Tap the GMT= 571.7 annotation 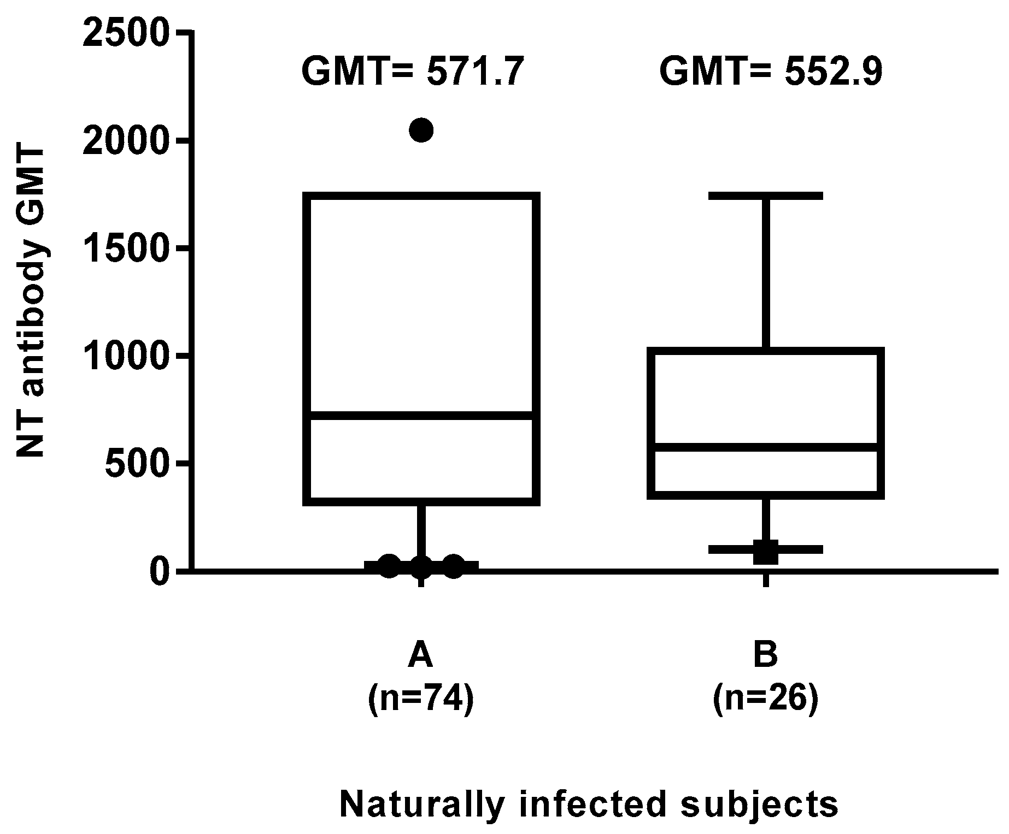tap(409, 73)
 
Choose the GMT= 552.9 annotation tap(771, 73)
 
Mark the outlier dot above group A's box tap(421, 130)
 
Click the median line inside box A tap(421, 416)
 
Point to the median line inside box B tap(766, 447)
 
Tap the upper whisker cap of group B tap(766, 196)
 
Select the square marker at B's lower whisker tap(766, 552)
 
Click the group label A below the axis tap(420, 655)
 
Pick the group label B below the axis tap(765, 655)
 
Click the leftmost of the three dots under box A tap(389, 566)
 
